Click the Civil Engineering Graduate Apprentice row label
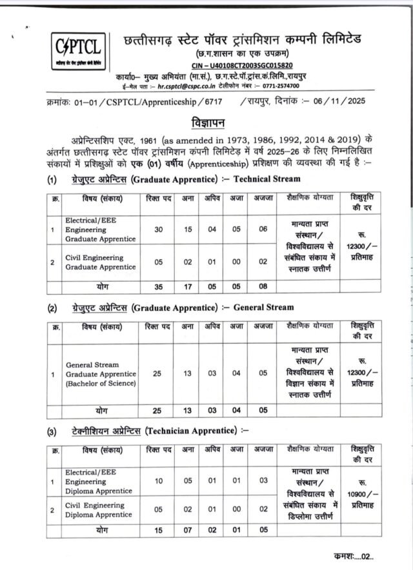tap(100, 262)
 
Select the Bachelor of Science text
tap(100, 384)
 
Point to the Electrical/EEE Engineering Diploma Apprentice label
tap(100, 481)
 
